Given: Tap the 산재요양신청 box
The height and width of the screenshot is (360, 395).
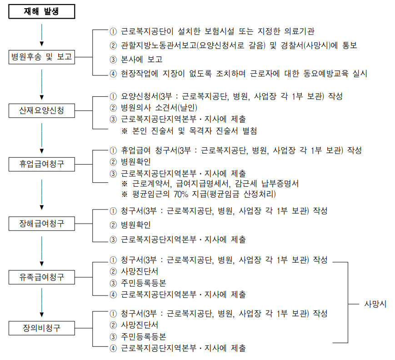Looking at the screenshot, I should (x=42, y=110).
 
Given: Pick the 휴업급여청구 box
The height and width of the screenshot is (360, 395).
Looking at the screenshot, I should (x=42, y=164).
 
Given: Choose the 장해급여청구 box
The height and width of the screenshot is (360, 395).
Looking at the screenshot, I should (x=42, y=223).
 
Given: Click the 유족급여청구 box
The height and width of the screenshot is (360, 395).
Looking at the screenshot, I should (x=42, y=276).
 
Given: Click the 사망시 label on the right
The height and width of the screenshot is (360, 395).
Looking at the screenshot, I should (x=375, y=304).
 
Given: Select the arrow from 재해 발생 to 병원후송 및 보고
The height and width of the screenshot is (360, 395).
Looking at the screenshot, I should (x=42, y=34).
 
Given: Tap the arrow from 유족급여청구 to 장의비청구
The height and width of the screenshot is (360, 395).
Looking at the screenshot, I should (x=42, y=302).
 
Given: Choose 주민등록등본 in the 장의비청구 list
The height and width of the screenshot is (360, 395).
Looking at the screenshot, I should (x=143, y=337).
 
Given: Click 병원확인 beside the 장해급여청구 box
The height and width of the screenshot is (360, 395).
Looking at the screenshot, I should (x=136, y=225).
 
